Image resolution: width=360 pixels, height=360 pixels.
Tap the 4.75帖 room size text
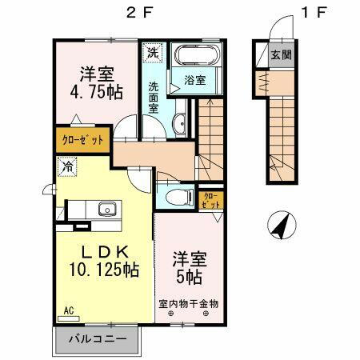pos(95,92)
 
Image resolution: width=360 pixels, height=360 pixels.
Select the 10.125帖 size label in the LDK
pos(102,270)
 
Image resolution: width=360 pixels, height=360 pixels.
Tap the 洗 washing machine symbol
pos(153,51)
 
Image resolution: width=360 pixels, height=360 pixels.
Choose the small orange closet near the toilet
pos(210,199)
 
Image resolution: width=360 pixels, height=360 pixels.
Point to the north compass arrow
pos(280,226)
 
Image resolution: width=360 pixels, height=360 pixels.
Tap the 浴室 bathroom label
pos(194,81)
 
